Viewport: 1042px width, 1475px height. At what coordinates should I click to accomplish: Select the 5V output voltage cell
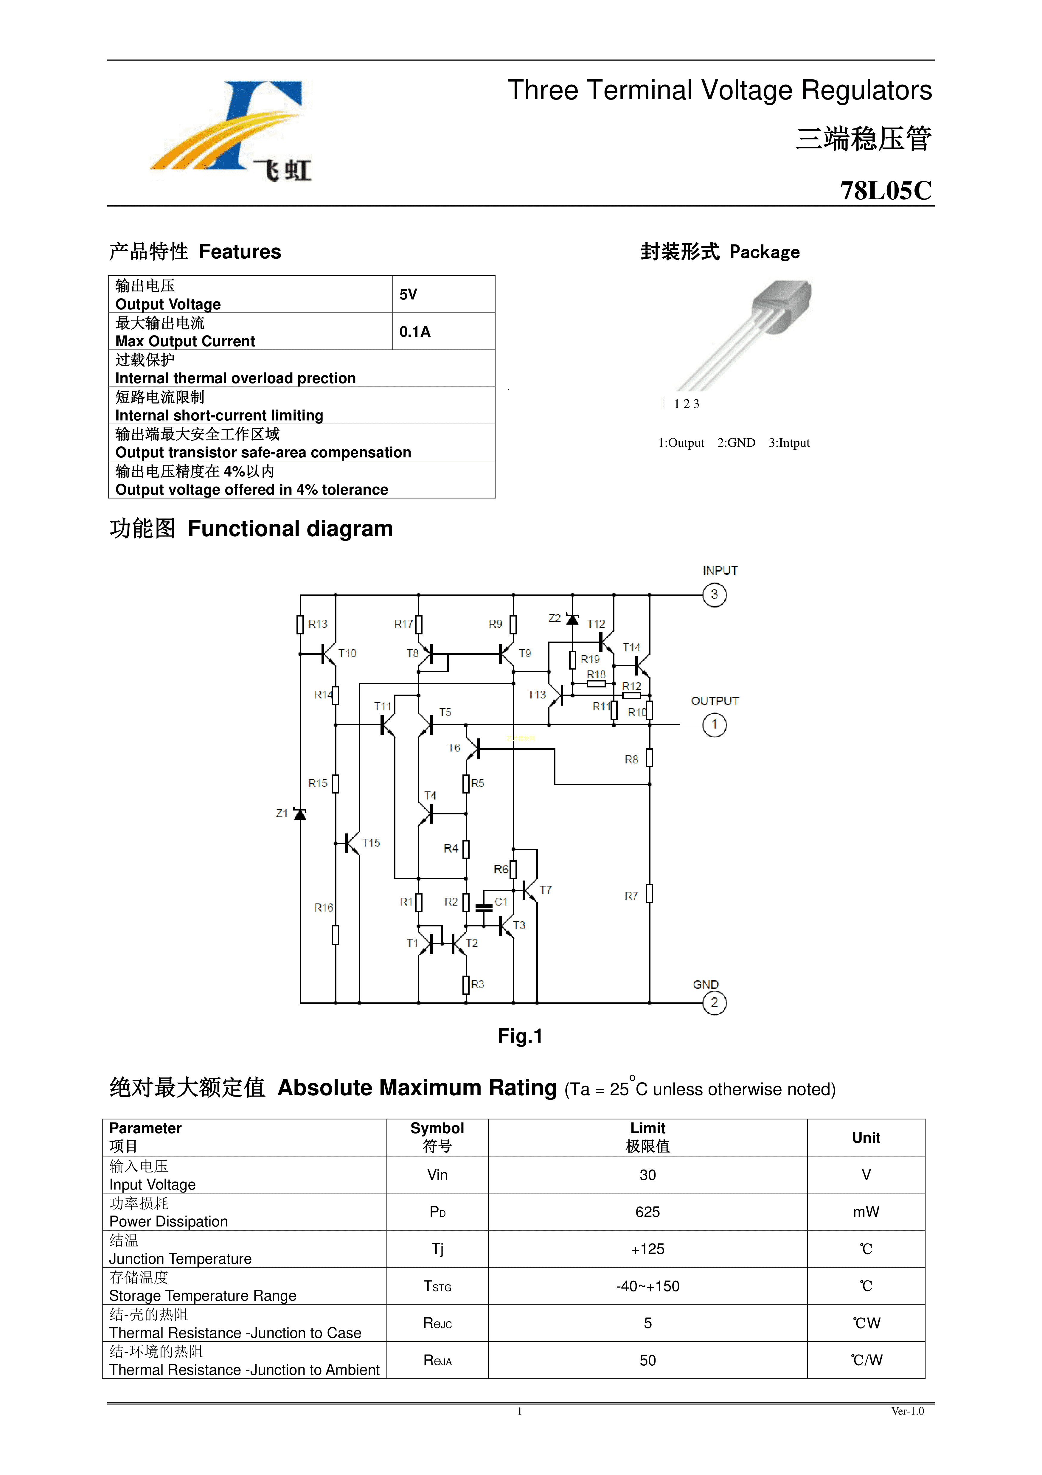(409, 295)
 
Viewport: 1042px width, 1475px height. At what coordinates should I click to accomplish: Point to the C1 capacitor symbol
(484, 907)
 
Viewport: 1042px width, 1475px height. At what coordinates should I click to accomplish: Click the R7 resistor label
(631, 895)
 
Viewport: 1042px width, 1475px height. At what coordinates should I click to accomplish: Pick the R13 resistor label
(317, 624)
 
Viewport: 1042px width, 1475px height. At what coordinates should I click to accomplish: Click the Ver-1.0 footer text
(907, 1411)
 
